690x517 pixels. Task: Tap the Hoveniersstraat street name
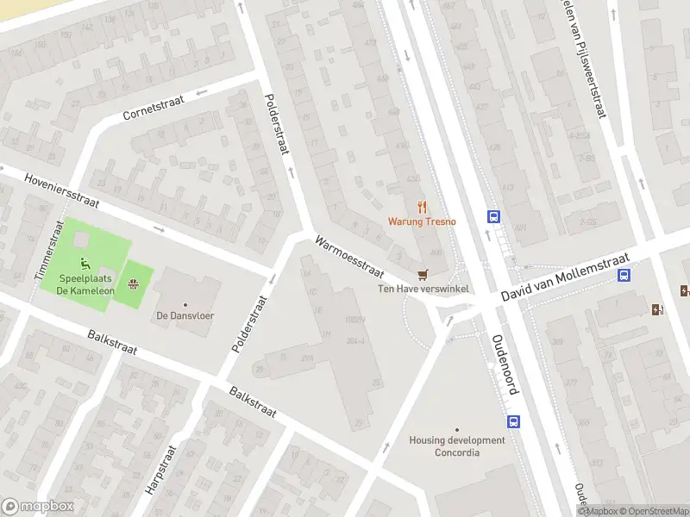(x=62, y=192)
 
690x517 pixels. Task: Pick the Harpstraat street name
(x=161, y=470)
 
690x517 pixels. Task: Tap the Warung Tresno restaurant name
(x=422, y=221)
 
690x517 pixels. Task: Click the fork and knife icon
(x=422, y=207)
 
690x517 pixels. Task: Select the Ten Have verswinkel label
(x=423, y=289)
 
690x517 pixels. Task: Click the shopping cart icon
(x=423, y=275)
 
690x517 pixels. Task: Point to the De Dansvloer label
(x=185, y=315)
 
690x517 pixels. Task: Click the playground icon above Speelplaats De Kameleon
(x=85, y=264)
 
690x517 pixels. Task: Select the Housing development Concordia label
(x=457, y=446)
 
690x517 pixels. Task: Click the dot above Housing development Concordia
(x=457, y=429)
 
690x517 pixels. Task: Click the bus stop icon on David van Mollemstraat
(x=624, y=276)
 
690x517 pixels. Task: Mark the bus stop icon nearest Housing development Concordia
(x=514, y=422)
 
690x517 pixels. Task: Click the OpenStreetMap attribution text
(x=651, y=511)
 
